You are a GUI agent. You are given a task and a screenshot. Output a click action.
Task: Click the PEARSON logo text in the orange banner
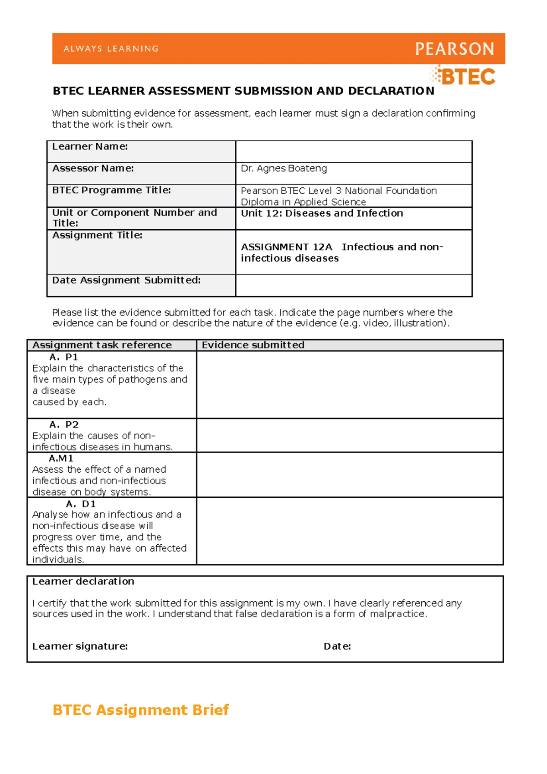coord(454,49)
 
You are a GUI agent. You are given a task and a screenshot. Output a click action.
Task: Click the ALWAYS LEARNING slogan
coord(111,49)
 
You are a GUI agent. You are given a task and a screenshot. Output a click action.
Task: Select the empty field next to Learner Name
coord(353,151)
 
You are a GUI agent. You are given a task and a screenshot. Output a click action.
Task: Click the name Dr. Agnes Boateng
coord(284,168)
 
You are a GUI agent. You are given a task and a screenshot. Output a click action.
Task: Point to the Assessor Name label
coord(93,168)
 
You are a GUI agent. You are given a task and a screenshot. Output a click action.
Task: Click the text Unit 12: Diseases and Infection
coord(322,213)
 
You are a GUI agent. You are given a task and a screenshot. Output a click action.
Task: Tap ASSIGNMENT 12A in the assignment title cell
coord(286,247)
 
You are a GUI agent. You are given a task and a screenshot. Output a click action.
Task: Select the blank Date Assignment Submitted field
coord(353,285)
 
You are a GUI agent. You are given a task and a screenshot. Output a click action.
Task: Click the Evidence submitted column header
coord(253,345)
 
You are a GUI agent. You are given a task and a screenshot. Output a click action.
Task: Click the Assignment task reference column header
coord(102,345)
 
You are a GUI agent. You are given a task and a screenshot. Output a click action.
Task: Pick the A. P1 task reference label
coord(64,357)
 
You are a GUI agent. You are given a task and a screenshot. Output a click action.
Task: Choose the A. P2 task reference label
coord(64,424)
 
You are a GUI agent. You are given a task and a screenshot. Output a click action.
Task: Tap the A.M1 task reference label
coord(61,458)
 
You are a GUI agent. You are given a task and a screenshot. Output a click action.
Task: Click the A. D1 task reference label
coord(81,504)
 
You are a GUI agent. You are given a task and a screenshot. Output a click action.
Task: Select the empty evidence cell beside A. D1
coord(350,531)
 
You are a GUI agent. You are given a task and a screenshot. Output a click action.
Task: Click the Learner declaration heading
coord(83,581)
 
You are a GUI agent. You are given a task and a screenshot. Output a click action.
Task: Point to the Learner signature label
coord(80,646)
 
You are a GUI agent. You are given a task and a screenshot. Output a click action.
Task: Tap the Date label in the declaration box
coord(337,646)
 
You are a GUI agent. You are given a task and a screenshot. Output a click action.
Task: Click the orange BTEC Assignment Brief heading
coord(140,710)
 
